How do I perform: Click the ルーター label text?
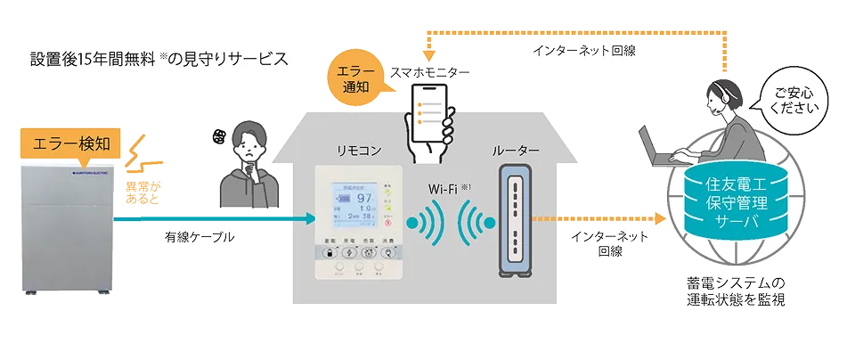coord(516,151)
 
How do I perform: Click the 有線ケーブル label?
coord(200,236)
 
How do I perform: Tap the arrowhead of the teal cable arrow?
coord(311,217)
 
